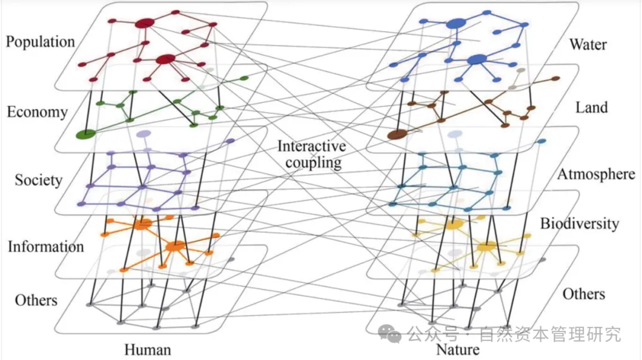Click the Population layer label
click(x=40, y=42)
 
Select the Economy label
click(x=37, y=112)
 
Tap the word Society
click(x=39, y=180)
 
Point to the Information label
click(x=46, y=246)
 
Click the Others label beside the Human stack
click(x=36, y=299)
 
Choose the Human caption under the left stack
click(x=147, y=349)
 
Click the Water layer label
click(x=588, y=44)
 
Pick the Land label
click(x=591, y=108)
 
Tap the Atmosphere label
click(x=596, y=174)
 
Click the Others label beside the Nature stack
click(x=584, y=294)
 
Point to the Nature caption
click(x=458, y=349)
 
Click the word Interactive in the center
click(x=311, y=146)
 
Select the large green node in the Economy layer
click(x=86, y=134)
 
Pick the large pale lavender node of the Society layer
click(x=143, y=135)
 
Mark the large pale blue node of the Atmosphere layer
click(x=455, y=135)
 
